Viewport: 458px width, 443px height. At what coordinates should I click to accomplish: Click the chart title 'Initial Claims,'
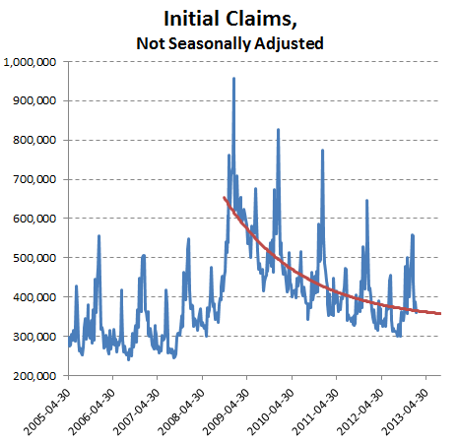coord(230,19)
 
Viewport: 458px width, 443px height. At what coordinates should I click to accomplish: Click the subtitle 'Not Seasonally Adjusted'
coord(229,43)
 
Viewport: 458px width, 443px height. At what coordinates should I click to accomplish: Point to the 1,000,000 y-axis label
coord(30,62)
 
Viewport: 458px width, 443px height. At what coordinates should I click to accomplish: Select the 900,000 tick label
coord(34,100)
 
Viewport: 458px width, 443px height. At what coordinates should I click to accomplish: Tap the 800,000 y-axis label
coord(34,140)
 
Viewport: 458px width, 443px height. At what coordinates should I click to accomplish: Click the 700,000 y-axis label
coord(34,179)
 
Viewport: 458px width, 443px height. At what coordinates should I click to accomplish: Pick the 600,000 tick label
coord(34,219)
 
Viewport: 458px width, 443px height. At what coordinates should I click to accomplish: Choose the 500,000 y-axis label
coord(34,258)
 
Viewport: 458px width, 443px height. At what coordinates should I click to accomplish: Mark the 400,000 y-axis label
coord(34,297)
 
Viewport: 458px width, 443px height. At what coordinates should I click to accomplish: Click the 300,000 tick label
coord(34,337)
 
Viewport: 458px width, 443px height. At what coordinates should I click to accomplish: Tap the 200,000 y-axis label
coord(34,376)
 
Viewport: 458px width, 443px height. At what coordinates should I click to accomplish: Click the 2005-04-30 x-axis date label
coord(47,411)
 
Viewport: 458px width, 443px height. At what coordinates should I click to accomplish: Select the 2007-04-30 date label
coord(137,411)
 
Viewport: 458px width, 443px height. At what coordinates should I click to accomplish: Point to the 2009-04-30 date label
coord(227,411)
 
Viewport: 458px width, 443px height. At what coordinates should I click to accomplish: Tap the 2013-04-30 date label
coord(406,411)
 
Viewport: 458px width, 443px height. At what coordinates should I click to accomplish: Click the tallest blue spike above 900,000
coord(233,79)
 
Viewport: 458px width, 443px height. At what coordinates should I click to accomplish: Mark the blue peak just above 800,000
coord(278,130)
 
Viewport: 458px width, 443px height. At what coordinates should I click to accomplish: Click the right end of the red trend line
coord(440,314)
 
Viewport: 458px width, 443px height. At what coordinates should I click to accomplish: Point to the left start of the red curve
coord(224,198)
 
